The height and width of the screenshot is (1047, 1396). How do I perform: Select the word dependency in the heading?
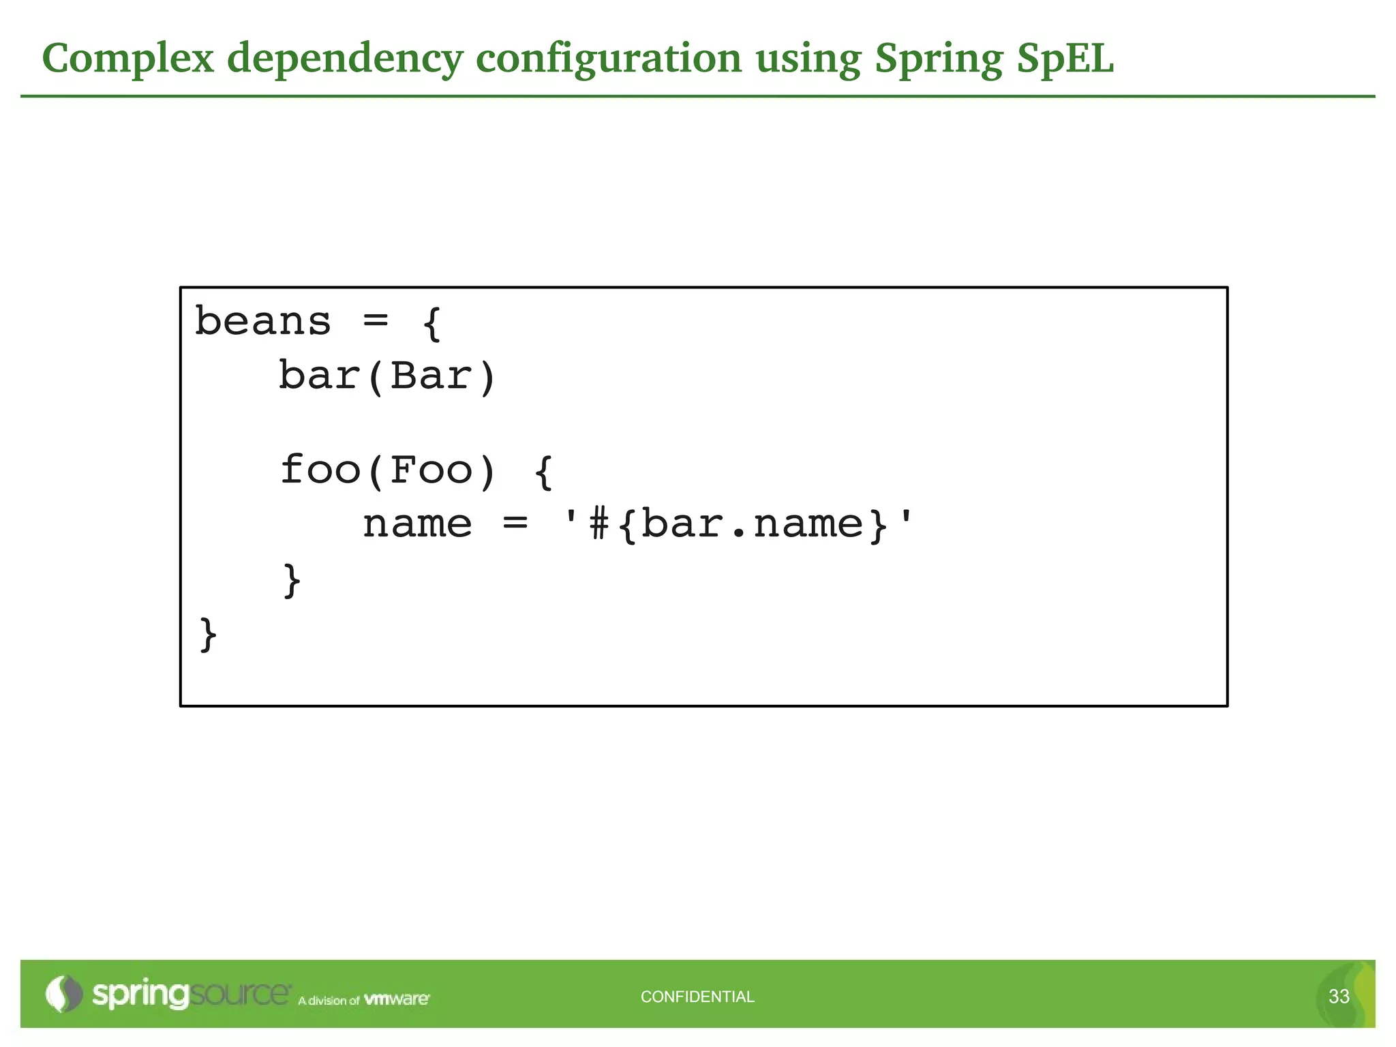click(x=345, y=59)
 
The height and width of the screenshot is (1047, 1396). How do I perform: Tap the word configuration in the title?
click(x=608, y=59)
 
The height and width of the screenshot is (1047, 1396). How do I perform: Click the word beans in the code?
click(x=262, y=322)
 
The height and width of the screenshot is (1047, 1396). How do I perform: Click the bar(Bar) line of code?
click(x=387, y=376)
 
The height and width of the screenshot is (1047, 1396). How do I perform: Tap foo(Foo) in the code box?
click(x=387, y=470)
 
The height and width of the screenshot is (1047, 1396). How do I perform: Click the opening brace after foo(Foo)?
click(x=543, y=472)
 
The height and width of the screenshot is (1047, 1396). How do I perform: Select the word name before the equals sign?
click(x=417, y=525)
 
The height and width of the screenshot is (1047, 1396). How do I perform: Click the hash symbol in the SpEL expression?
click(x=598, y=525)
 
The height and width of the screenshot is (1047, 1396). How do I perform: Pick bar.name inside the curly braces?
click(x=753, y=525)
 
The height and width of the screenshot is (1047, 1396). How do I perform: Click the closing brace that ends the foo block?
click(x=292, y=580)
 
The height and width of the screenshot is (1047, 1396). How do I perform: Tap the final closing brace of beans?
click(x=208, y=635)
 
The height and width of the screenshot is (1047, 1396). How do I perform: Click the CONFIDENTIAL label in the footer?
click(x=697, y=997)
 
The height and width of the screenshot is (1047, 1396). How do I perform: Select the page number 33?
click(x=1339, y=997)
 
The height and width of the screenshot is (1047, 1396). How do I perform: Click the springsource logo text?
click(x=191, y=995)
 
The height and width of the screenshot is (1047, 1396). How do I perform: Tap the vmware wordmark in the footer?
click(x=397, y=999)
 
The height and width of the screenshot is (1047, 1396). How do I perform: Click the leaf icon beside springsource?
click(x=63, y=994)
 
